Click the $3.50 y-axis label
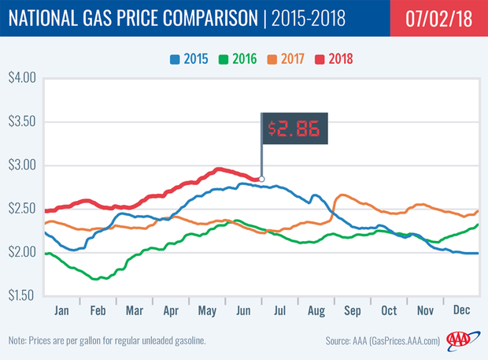tap(24, 121)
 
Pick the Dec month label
tap(460, 309)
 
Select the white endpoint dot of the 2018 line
tap(262, 179)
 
